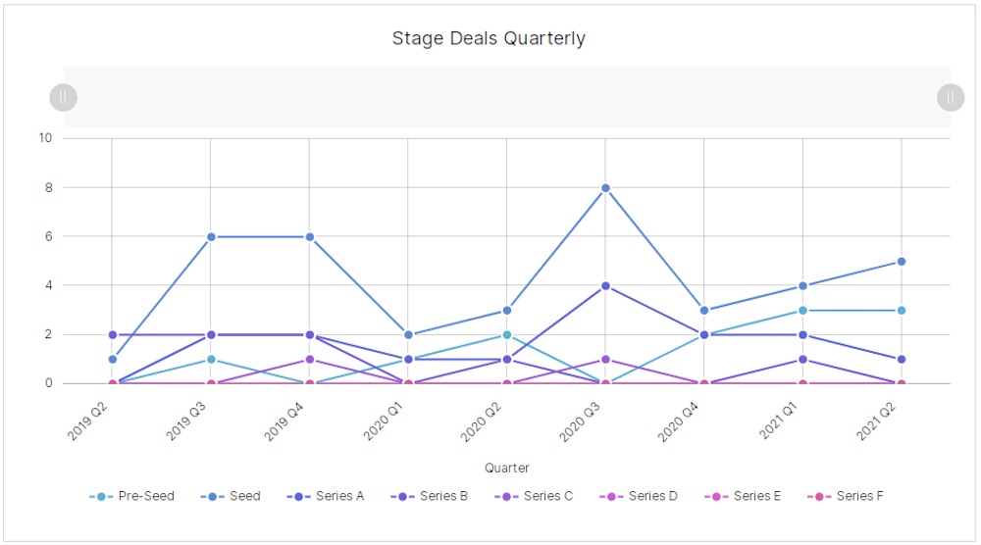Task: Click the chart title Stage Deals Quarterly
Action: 489,39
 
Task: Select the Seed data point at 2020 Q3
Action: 605,187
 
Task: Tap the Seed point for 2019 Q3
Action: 211,236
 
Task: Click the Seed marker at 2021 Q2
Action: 901,262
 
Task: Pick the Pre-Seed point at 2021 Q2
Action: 901,311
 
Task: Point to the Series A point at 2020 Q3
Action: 605,286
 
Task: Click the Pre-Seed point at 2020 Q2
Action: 506,335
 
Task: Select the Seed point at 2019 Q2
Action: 112,359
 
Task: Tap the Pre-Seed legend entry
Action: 132,496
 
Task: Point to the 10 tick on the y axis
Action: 45,138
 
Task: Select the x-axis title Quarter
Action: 507,469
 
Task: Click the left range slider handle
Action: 63,97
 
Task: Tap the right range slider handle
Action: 951,97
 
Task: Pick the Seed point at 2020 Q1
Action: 408,335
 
